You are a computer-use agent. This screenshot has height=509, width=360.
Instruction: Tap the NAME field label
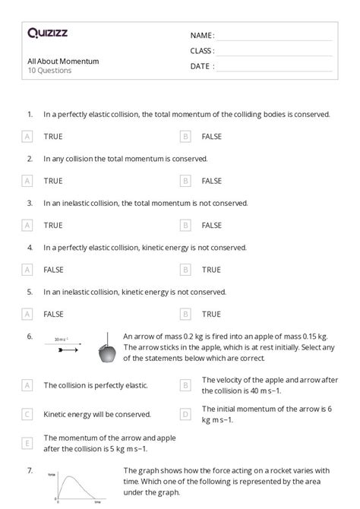(x=202, y=36)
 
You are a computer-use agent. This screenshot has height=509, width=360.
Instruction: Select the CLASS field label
(x=202, y=51)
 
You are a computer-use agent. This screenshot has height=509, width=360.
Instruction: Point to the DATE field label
(x=202, y=66)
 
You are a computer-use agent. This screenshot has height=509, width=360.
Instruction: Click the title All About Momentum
(x=63, y=62)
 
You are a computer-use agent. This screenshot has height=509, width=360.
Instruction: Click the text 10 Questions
(x=49, y=71)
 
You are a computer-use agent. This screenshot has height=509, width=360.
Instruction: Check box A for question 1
(x=27, y=137)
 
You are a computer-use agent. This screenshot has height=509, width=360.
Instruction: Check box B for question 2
(x=185, y=181)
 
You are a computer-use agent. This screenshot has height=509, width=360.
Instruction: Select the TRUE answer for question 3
(x=53, y=226)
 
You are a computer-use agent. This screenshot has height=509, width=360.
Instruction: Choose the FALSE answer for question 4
(x=53, y=270)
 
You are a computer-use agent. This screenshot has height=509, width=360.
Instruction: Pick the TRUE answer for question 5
(x=211, y=314)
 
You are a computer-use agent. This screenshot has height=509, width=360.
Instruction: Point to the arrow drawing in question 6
(x=67, y=350)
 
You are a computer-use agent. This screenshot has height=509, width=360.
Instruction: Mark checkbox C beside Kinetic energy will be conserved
(x=27, y=414)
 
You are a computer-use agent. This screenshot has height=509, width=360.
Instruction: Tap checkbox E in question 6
(x=27, y=443)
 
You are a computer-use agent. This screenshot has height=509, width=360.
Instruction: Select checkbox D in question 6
(x=185, y=414)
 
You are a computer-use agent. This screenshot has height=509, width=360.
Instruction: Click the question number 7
(x=30, y=471)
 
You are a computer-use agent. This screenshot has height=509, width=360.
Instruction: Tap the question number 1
(x=30, y=115)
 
